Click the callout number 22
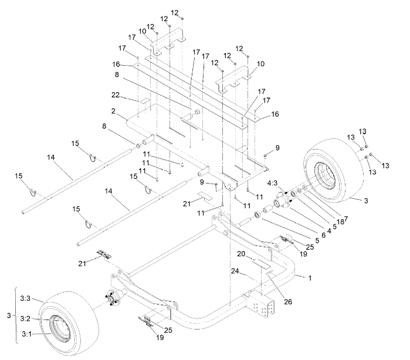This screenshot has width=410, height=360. coord(116,94)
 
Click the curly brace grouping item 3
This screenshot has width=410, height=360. coord(13,316)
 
